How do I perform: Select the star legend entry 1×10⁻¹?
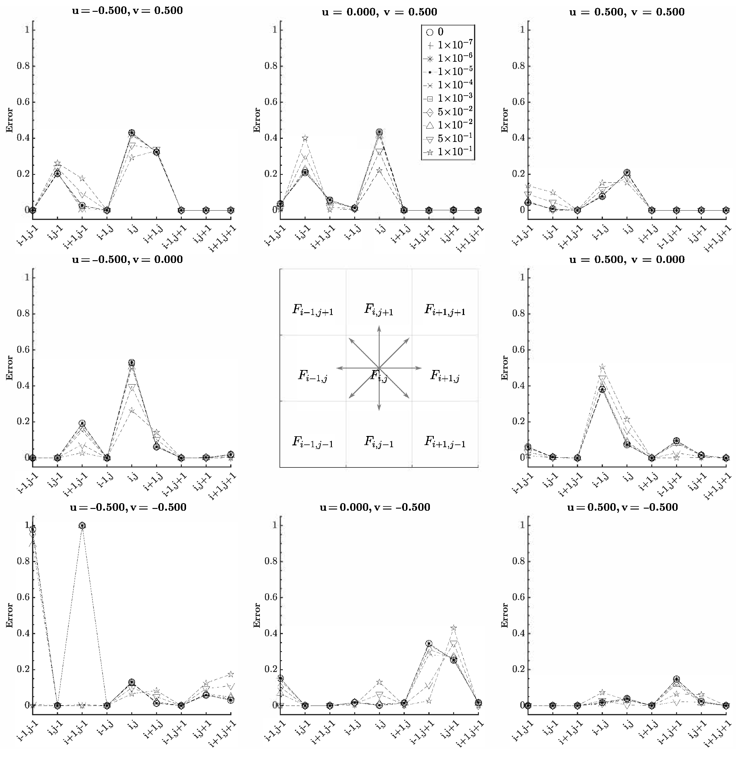pos(448,152)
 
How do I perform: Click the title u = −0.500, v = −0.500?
pos(128,507)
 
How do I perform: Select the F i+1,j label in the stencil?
pos(445,375)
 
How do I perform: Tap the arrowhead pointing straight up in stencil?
pos(379,328)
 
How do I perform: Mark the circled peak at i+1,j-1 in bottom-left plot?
pos(82,526)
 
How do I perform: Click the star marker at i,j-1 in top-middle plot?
pos(305,138)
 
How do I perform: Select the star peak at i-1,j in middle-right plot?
pos(602,367)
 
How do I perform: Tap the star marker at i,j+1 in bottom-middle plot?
pos(454,628)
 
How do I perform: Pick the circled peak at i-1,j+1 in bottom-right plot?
pos(676,679)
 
